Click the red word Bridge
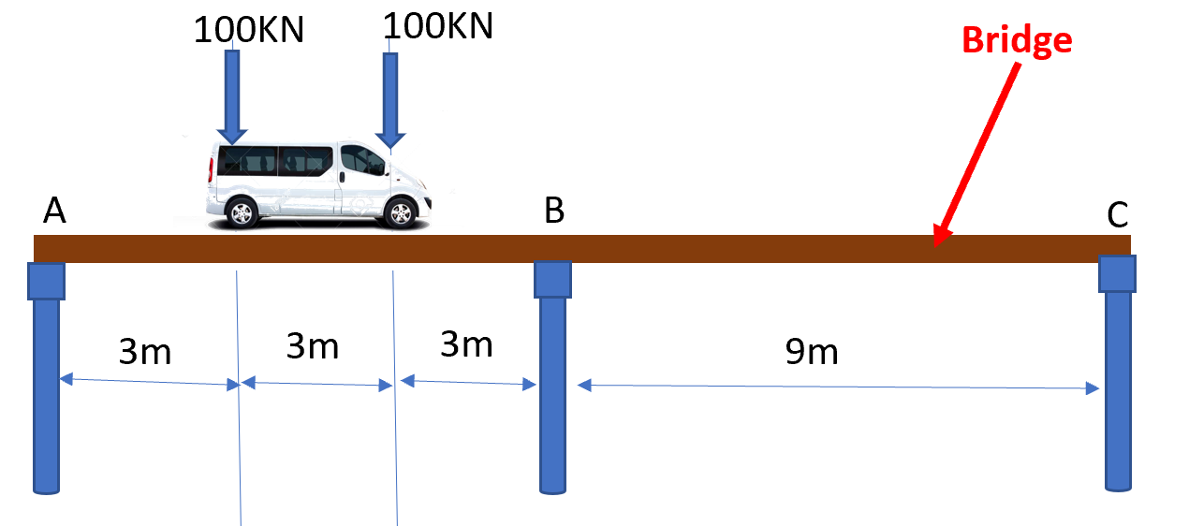click(x=1016, y=40)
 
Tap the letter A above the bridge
click(x=54, y=212)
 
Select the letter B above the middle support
click(x=554, y=212)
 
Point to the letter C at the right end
click(x=1117, y=215)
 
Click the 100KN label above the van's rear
click(x=249, y=30)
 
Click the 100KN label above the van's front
click(x=438, y=26)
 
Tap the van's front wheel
click(x=401, y=213)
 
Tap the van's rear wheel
click(x=242, y=213)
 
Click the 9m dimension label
click(x=812, y=352)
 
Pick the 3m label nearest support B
click(x=466, y=344)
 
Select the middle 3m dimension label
click(x=312, y=346)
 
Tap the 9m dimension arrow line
click(x=838, y=387)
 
